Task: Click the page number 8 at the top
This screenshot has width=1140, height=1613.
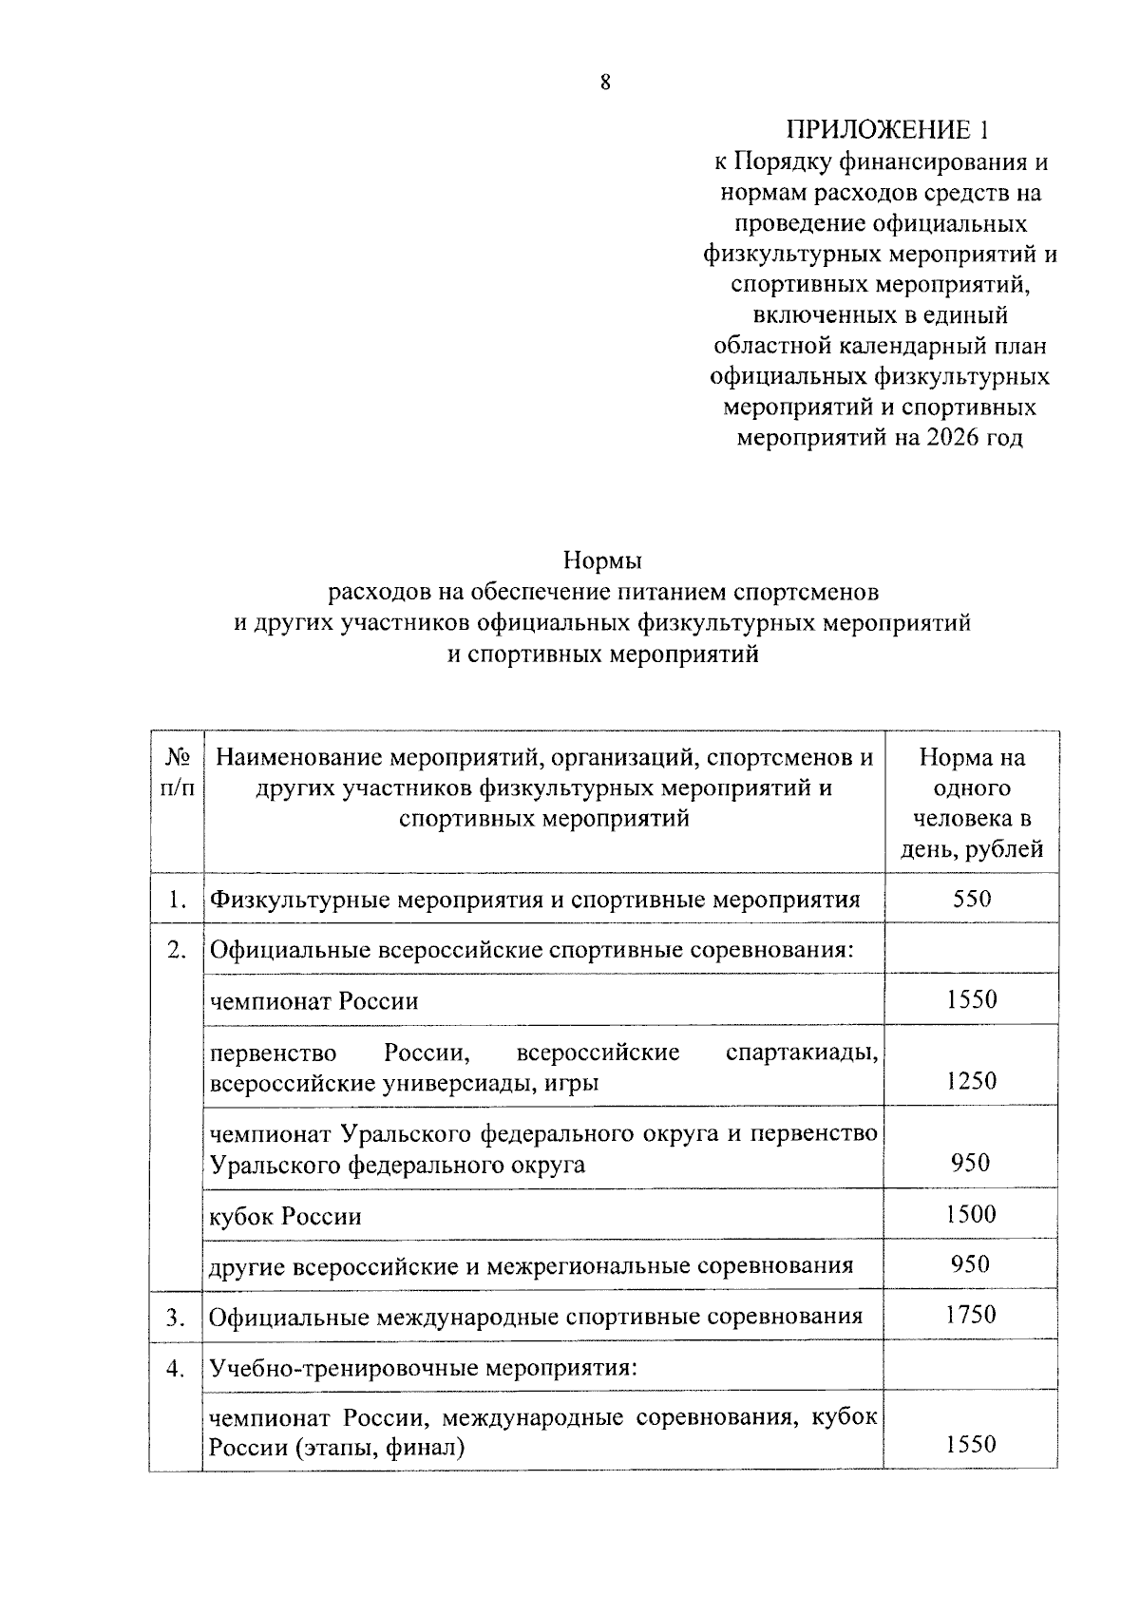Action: (x=604, y=83)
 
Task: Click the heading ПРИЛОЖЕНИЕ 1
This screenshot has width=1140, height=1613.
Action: (x=880, y=130)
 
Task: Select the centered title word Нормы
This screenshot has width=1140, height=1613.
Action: (x=603, y=560)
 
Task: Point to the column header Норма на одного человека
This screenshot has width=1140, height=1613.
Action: (x=971, y=788)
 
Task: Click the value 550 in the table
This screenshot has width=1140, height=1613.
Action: (x=971, y=899)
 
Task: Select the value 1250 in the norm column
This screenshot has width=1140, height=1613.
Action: (x=971, y=1081)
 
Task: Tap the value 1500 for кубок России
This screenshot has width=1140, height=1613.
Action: (x=971, y=1214)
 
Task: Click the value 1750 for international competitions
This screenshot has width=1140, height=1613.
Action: (x=971, y=1315)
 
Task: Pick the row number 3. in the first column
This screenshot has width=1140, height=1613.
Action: (x=176, y=1318)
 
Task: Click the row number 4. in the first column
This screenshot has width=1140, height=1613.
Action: (x=176, y=1369)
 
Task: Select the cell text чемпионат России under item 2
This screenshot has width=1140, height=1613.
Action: (x=313, y=1001)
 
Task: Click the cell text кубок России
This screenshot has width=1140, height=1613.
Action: (x=285, y=1217)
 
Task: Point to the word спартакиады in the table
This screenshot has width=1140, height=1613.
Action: (x=801, y=1053)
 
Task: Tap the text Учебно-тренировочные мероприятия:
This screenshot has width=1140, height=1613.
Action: (x=422, y=1369)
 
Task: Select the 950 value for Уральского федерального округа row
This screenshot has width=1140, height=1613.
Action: (x=971, y=1163)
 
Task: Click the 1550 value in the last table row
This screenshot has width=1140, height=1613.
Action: (x=971, y=1445)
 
